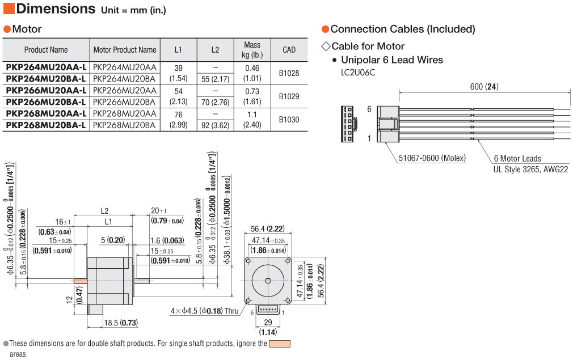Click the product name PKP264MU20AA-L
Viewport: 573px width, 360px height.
point(46,67)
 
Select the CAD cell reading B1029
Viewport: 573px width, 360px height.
point(289,96)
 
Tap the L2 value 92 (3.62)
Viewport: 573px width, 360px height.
point(215,125)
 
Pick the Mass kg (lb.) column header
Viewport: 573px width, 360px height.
point(252,50)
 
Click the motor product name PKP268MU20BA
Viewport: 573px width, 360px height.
point(124,125)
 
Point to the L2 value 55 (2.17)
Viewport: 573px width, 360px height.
point(215,79)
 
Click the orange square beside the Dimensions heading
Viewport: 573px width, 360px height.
point(9,9)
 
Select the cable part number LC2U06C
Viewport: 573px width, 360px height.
point(358,73)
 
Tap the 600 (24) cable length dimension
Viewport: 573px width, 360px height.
point(484,87)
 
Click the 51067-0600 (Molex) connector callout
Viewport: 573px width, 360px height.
point(432,158)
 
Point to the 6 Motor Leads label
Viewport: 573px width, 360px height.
point(517,159)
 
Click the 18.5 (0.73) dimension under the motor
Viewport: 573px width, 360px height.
point(121,323)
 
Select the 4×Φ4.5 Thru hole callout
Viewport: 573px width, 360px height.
point(205,311)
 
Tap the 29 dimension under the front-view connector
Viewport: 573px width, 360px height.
point(268,323)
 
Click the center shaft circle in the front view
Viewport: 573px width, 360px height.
point(268,281)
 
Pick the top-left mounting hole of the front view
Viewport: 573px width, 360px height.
point(248,261)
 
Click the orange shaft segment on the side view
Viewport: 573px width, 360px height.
point(81,281)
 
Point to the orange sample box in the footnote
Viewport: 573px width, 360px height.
point(280,344)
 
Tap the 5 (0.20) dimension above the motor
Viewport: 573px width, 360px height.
point(113,240)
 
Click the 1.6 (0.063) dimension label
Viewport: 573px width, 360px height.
point(167,240)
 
